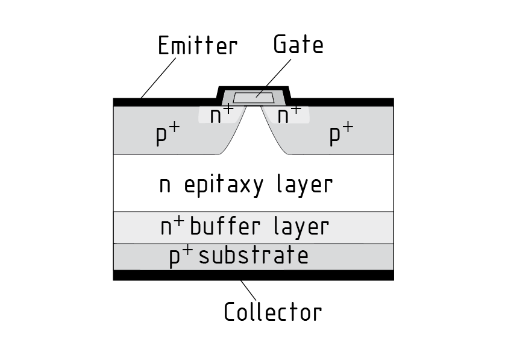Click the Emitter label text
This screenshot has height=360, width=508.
click(x=198, y=46)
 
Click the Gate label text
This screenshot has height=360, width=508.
click(x=298, y=45)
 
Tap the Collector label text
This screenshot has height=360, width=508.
click(x=272, y=312)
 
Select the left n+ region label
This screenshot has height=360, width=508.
click(x=221, y=115)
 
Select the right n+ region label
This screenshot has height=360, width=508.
click(x=289, y=115)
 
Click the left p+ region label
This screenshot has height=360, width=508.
click(x=168, y=134)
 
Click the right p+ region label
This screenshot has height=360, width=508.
click(x=341, y=134)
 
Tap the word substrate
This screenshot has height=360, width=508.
click(x=253, y=256)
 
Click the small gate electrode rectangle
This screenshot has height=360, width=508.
click(x=253, y=98)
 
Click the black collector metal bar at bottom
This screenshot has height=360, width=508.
click(x=253, y=276)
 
